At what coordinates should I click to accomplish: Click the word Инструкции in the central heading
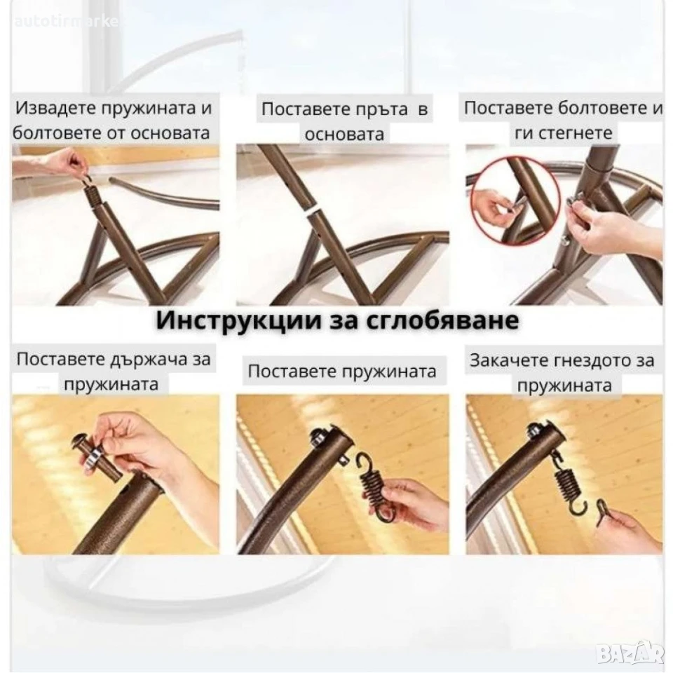tap(238, 320)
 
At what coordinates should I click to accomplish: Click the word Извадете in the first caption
tap(55, 108)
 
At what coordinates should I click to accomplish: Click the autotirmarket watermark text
tap(66, 22)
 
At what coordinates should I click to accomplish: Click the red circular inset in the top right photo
tap(515, 200)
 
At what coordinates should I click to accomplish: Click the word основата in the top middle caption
tap(344, 135)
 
